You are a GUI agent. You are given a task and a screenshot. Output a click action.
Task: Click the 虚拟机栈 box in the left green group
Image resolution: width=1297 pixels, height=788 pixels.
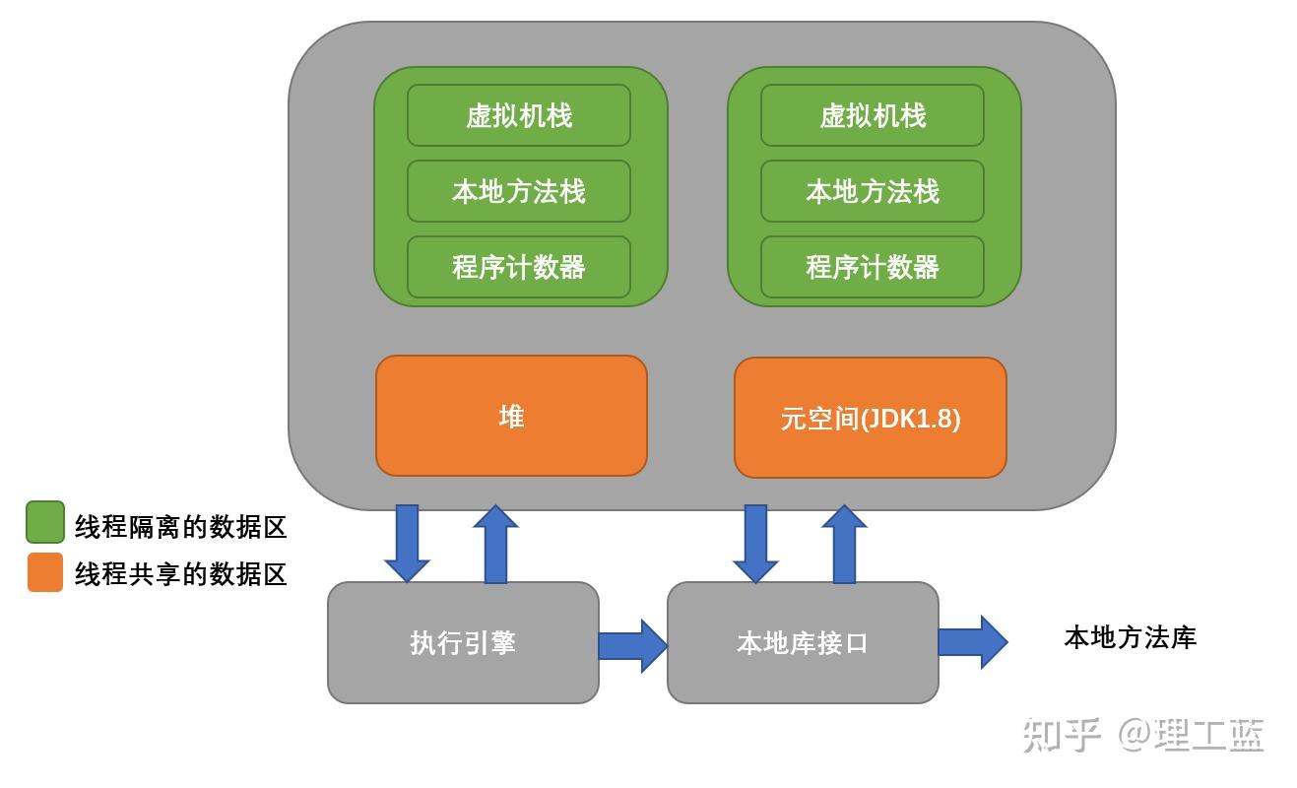coord(519,115)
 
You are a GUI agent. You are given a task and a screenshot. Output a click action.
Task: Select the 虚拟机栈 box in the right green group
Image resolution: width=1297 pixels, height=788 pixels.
coord(873,115)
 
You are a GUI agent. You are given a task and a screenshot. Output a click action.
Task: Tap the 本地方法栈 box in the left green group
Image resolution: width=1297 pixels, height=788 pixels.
coord(519,191)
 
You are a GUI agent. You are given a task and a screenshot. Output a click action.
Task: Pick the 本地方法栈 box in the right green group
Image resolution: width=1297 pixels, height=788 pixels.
coord(873,191)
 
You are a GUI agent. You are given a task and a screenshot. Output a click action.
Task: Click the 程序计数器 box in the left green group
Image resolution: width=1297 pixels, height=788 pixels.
coord(519,267)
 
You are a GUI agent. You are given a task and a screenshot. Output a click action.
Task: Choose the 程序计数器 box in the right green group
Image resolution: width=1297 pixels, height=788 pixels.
coord(873,267)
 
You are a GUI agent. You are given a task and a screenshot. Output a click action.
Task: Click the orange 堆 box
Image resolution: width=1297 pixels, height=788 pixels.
coord(511,416)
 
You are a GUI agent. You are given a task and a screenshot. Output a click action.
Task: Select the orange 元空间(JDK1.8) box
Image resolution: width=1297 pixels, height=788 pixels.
coord(871,418)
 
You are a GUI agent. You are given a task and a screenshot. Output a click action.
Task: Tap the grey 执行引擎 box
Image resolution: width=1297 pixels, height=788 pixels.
coord(463,642)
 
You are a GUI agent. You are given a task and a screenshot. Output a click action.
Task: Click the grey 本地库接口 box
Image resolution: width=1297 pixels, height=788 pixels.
coord(803,642)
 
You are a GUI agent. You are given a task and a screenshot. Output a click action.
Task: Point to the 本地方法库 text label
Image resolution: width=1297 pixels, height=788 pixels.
coord(1130,637)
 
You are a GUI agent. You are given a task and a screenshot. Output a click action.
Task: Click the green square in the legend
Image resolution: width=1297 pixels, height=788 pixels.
coord(45,522)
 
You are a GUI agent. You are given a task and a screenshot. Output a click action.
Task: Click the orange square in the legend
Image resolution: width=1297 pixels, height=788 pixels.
coord(45,572)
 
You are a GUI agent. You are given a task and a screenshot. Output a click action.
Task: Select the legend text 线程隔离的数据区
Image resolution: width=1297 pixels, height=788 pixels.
coord(180,527)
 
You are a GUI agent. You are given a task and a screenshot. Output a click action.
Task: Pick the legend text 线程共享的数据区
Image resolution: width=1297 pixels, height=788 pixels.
coord(180,574)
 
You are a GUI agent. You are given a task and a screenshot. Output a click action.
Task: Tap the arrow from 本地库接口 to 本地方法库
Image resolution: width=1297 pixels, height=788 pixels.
coord(972,641)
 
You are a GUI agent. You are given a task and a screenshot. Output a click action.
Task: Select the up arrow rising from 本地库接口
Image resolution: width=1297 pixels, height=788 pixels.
coord(844,545)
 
